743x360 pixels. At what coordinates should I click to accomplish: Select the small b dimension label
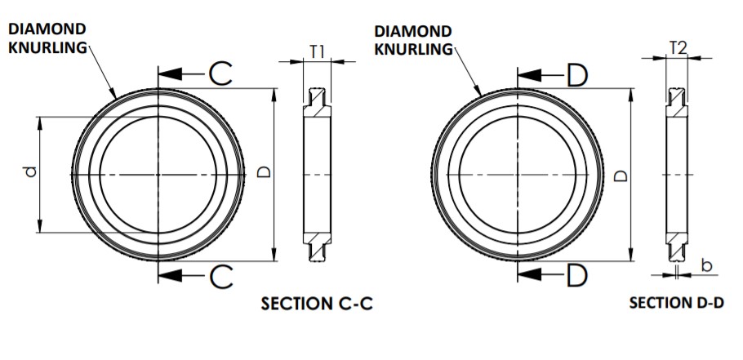(707, 266)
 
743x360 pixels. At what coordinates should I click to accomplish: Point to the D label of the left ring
(264, 173)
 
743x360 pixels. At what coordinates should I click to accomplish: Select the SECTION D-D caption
(676, 303)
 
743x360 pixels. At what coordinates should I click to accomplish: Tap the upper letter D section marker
(576, 76)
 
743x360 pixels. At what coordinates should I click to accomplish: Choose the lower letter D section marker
(576, 276)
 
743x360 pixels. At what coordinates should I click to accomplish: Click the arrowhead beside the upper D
(529, 76)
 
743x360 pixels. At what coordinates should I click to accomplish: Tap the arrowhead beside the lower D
(529, 275)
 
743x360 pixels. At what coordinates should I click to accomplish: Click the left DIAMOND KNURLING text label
(47, 38)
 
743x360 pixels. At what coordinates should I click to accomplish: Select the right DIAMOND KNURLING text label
(413, 39)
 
